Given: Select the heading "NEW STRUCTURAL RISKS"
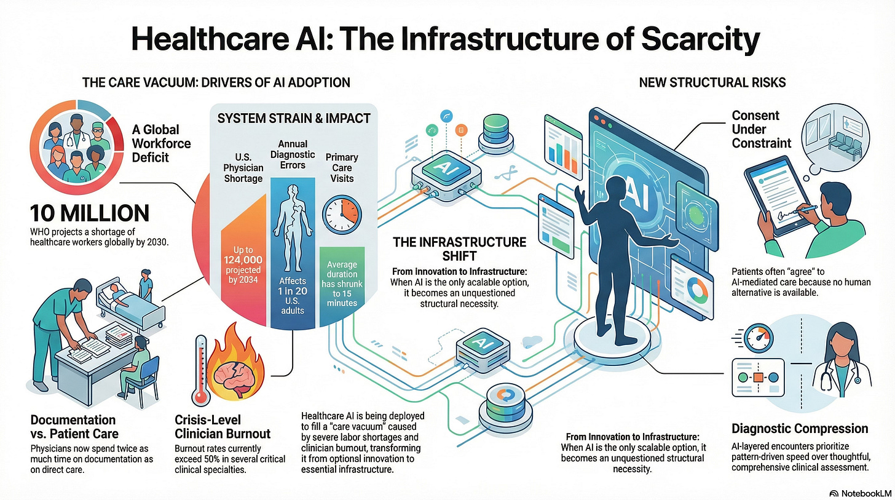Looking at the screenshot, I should pos(712,82).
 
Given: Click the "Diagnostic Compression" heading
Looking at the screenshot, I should pos(800,428).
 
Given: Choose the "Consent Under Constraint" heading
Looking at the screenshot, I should pos(761,129).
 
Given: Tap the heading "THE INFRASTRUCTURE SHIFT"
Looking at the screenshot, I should pos(460,248).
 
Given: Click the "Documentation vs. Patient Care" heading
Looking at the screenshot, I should pos(73,426).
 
